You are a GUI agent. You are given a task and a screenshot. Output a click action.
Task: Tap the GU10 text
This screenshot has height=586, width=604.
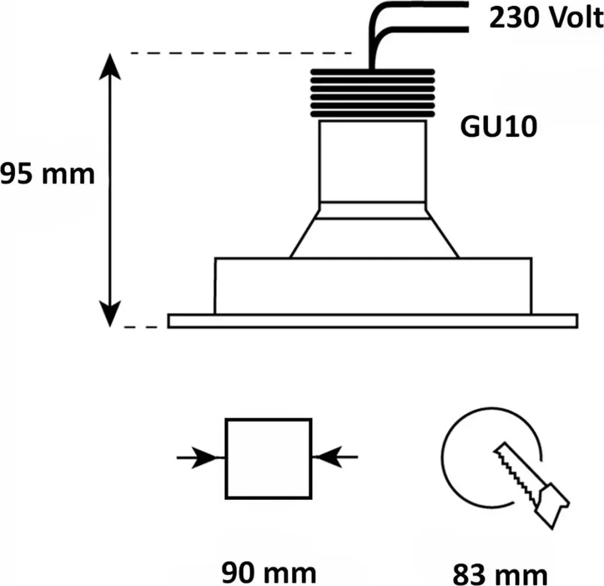[498, 127]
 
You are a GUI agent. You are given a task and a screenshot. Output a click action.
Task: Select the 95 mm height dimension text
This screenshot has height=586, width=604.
[47, 174]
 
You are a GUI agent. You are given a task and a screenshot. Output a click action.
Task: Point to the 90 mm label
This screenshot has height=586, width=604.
[268, 573]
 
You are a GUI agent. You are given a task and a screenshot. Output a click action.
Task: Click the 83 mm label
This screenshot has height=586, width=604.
[500, 574]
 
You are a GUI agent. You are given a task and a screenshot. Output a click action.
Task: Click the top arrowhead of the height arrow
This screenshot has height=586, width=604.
[110, 66]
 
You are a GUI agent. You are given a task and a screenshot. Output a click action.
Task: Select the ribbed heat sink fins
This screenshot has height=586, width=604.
[373, 93]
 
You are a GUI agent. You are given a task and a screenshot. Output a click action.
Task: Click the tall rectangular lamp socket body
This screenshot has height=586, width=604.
[373, 162]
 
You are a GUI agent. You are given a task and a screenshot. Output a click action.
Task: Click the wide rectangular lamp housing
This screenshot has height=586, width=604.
[373, 286]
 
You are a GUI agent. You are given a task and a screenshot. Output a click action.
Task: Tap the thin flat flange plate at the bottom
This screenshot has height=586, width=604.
[373, 321]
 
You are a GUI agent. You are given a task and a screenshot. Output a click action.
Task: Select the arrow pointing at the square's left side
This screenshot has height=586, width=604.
[200, 457]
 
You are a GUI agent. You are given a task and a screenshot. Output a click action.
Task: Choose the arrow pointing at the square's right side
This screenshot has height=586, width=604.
[335, 457]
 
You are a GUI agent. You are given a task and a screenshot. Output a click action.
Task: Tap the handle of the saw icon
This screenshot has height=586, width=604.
[550, 505]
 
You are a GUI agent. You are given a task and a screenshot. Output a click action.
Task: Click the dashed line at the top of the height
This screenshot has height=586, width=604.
[242, 53]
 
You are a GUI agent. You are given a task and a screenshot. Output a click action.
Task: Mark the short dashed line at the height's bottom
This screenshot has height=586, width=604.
[140, 327]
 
